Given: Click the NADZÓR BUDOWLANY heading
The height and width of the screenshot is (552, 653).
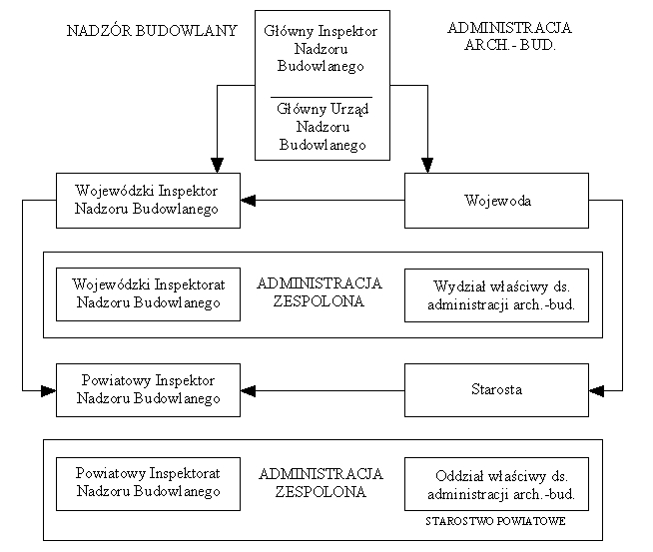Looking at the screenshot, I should point(152,30).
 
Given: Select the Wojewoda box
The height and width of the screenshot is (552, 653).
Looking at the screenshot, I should point(497,200).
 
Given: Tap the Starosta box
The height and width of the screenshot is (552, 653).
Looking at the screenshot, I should point(497,389).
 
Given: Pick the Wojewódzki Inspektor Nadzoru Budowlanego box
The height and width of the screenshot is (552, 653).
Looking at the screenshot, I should point(147,200).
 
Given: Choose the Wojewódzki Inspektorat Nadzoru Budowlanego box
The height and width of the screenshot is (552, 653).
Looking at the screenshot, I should point(148,294).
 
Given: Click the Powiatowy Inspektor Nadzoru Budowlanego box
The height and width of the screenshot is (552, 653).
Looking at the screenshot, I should point(147,389).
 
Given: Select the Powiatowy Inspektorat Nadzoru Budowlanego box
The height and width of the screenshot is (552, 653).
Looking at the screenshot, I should point(148,483).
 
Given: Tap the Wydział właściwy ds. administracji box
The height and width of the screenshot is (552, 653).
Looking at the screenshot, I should point(497,294).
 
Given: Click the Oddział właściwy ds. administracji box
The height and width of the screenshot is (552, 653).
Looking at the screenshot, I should point(497,483).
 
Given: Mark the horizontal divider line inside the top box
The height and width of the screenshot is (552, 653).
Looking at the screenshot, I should point(321,96).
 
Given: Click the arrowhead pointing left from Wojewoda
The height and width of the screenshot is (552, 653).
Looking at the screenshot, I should point(249,200).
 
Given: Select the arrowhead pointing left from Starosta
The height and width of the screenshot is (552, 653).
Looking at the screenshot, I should point(249,389).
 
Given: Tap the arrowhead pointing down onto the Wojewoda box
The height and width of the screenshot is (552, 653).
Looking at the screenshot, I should point(427,165).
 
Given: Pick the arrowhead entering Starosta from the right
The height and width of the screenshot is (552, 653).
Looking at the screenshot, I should point(597,389).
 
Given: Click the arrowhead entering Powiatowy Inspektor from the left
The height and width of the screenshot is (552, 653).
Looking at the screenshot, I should point(48,389).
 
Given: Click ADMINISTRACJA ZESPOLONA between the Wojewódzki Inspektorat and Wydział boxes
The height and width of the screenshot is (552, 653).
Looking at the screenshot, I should point(321,291).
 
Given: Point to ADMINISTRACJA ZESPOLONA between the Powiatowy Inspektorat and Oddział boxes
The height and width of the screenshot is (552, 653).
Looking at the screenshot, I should point(321,481).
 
